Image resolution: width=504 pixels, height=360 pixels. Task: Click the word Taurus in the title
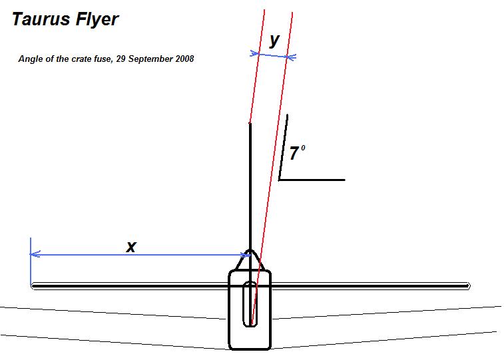pos(39,19)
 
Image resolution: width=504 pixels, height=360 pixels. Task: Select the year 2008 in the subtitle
pos(183,59)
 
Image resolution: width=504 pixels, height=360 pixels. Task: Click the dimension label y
pos(274,41)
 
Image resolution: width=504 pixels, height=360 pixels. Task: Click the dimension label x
pos(132,247)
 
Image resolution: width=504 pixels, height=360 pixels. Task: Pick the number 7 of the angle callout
pos(294,154)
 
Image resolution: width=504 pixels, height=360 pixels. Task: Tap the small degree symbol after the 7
pos(303,148)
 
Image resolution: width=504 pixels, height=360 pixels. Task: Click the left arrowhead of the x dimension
pos(33,254)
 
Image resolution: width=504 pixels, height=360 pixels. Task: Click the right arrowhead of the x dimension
pos(245,254)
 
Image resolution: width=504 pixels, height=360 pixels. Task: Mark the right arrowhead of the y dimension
pos(291,58)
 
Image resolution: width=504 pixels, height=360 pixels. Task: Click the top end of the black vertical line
pos(250,124)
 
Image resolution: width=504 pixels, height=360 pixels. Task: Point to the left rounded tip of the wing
pos(33,286)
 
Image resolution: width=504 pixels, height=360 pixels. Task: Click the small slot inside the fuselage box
pos(250,304)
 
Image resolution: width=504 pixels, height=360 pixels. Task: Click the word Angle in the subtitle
pos(30,59)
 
